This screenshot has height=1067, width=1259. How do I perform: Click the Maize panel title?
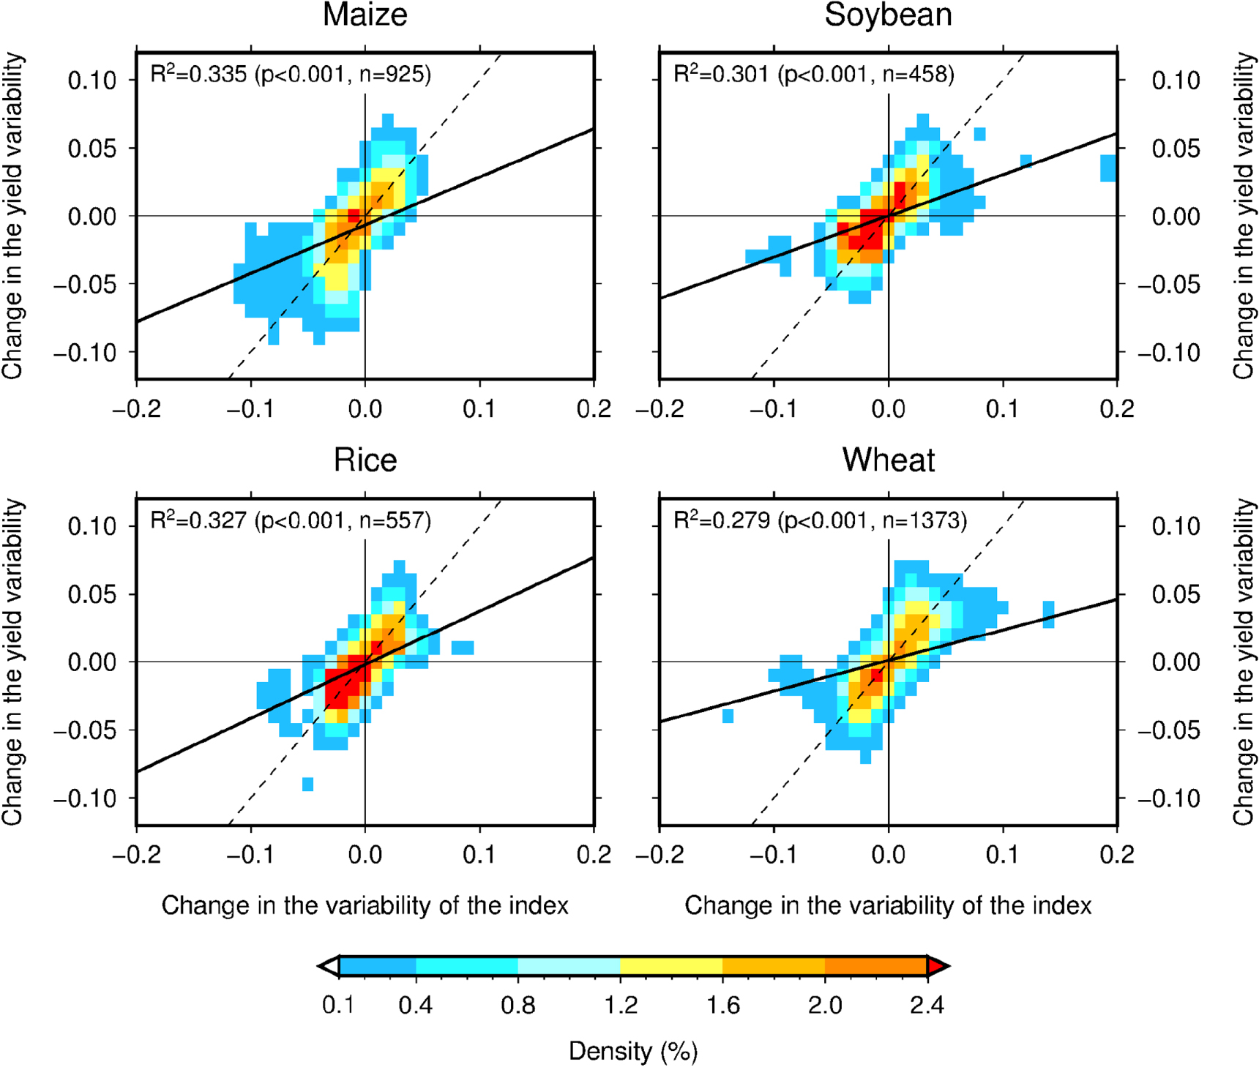[365, 15]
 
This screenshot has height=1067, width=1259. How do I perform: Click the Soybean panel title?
[888, 15]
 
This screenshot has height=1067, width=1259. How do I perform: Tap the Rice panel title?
[365, 460]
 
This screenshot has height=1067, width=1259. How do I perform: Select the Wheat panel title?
[888, 460]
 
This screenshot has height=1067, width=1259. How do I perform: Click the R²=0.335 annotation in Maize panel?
[198, 74]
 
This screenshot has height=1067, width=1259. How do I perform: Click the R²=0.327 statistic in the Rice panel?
[198, 520]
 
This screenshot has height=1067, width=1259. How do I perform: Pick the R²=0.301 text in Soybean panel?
[721, 74]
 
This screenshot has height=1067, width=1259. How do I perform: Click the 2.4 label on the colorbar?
[927, 1005]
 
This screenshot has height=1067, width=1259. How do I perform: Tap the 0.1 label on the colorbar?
[338, 1005]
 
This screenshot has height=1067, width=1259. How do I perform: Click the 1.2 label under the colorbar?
[620, 1005]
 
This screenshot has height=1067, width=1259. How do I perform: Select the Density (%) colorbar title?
[633, 1051]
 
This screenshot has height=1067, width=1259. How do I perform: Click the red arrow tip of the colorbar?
[938, 966]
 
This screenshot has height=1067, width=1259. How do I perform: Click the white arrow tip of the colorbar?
[329, 966]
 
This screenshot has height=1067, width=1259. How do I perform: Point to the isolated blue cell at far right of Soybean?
[1108, 168]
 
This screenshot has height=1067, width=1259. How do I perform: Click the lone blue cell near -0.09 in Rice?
[307, 785]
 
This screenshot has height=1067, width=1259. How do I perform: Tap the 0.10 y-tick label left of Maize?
[92, 80]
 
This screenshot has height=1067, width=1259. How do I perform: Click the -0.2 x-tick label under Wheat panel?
[660, 854]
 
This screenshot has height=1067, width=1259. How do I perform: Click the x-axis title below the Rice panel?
[365, 906]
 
